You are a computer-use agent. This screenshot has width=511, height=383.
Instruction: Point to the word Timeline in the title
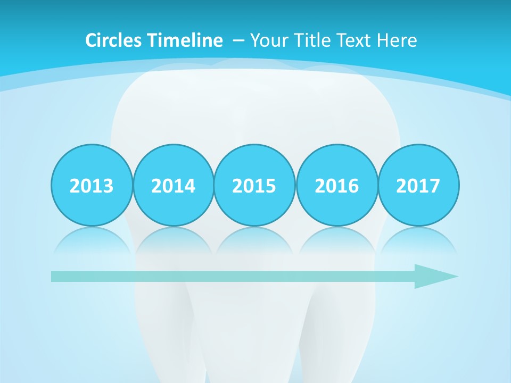pyautogui.click(x=186, y=40)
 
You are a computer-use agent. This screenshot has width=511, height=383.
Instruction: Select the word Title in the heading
pyautogui.click(x=312, y=40)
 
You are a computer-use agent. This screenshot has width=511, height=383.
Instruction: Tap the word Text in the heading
pyautogui.click(x=356, y=40)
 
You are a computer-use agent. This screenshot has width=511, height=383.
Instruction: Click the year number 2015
pyautogui.click(x=254, y=186)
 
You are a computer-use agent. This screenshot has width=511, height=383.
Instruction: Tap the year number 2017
pyautogui.click(x=418, y=186)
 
